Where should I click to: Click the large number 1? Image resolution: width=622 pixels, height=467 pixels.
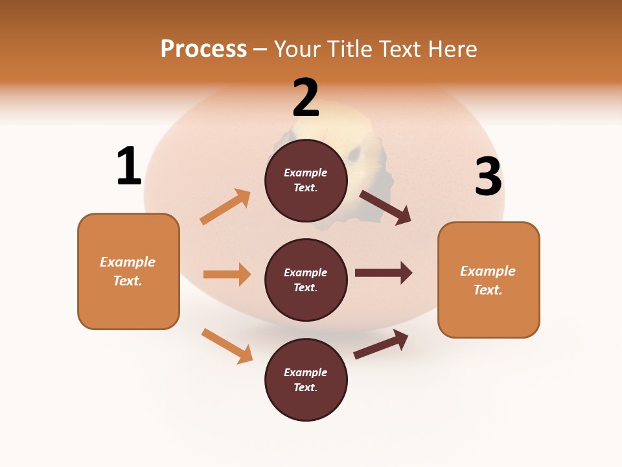(x=129, y=166)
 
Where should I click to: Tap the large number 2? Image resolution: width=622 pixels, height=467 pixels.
(x=306, y=98)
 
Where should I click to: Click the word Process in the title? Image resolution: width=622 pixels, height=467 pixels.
(x=203, y=49)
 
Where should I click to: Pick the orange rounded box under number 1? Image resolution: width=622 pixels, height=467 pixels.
(x=128, y=271)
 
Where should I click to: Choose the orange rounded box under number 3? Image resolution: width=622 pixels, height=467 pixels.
(x=489, y=280)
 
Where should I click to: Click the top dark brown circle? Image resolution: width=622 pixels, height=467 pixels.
(x=306, y=180)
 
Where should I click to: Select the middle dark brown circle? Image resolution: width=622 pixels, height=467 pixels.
(x=306, y=280)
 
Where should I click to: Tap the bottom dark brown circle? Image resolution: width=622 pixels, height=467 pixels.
(x=306, y=379)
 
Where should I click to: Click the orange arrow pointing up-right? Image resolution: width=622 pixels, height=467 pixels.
(x=225, y=207)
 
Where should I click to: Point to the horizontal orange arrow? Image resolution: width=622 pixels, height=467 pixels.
(x=227, y=274)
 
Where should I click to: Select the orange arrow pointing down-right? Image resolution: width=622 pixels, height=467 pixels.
(x=227, y=346)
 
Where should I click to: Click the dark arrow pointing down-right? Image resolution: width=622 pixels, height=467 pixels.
(x=386, y=207)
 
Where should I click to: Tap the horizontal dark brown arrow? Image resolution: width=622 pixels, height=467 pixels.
(x=383, y=273)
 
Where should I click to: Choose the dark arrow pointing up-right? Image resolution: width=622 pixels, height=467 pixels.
(x=381, y=344)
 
